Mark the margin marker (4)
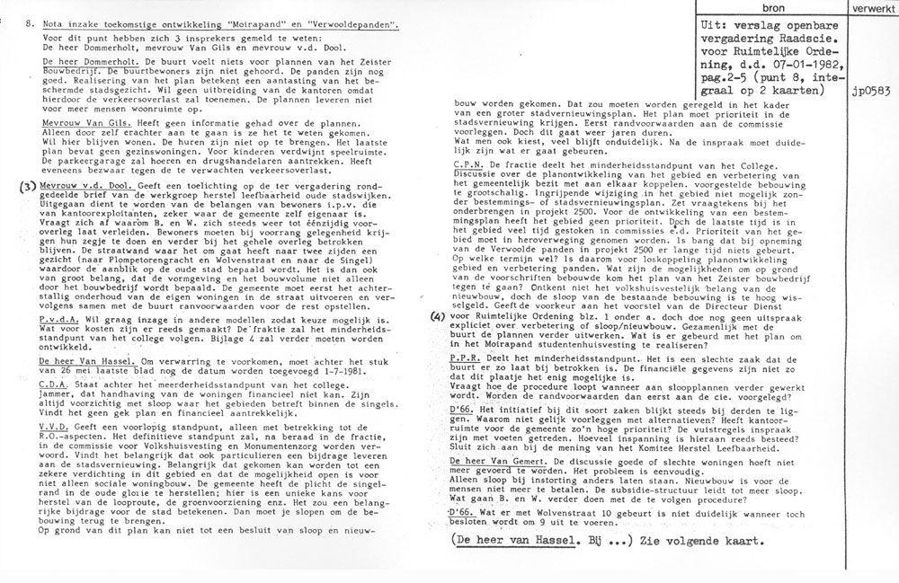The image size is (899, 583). tap(437, 340)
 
